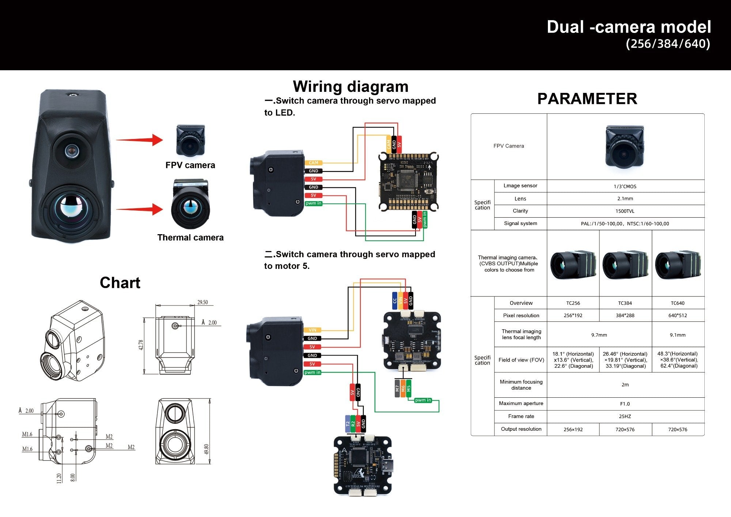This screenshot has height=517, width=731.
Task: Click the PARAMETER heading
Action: pyautogui.click(x=587, y=99)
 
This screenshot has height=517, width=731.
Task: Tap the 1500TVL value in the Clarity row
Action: pyautogui.click(x=625, y=211)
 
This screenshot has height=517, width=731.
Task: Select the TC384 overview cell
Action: pyautogui.click(x=625, y=303)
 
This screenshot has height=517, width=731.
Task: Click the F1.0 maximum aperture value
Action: pyautogui.click(x=625, y=404)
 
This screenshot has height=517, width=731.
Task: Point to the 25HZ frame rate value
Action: pyautogui.click(x=625, y=416)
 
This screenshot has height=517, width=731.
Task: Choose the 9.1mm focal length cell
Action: pyautogui.click(x=677, y=335)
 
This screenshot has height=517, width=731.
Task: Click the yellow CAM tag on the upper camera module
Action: pyautogui.click(x=313, y=163)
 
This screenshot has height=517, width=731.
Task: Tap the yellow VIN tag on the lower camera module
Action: pyautogui.click(x=312, y=330)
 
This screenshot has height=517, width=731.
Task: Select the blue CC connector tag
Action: pyautogui.click(x=394, y=301)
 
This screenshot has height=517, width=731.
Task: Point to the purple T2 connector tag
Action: pyautogui.click(x=348, y=424)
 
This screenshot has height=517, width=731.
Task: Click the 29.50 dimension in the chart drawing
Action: pyautogui.click(x=202, y=302)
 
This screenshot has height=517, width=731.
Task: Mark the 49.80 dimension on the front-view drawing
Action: pyautogui.click(x=207, y=449)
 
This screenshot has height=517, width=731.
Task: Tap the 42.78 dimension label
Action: pyautogui.click(x=141, y=345)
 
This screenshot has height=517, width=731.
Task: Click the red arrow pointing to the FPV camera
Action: pyautogui.click(x=139, y=140)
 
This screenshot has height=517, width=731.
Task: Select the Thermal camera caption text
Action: pyautogui.click(x=190, y=237)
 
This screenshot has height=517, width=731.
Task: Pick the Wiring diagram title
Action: pyautogui.click(x=350, y=87)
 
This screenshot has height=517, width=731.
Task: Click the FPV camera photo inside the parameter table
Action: pyautogui.click(x=624, y=146)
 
